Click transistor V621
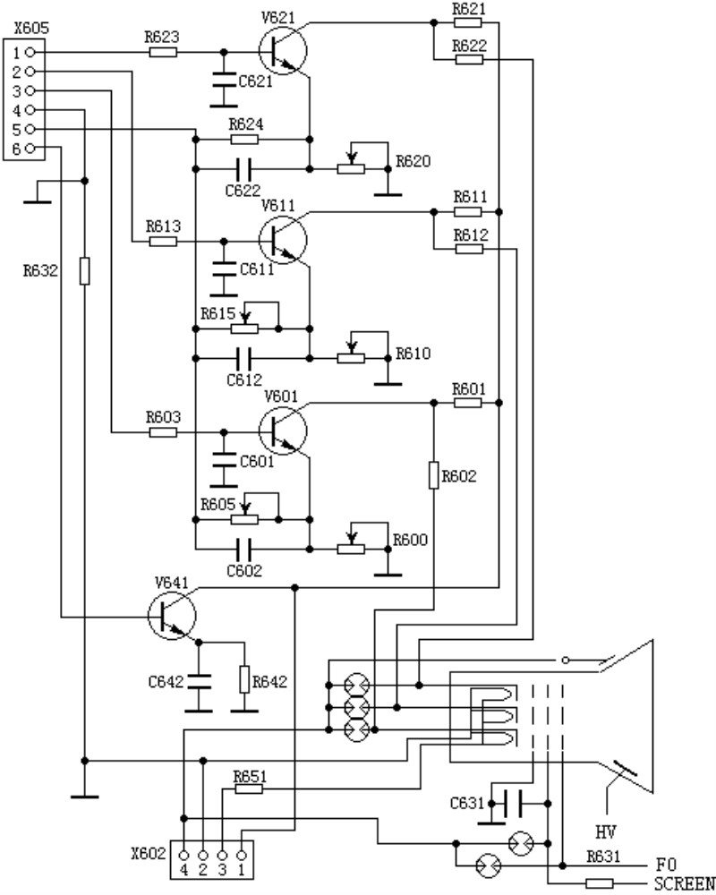[283, 51]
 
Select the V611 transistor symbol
[283, 240]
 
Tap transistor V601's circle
[283, 431]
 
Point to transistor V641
[172, 616]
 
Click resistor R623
[163, 53]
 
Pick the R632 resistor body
[84, 270]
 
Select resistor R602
[434, 475]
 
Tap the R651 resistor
[249, 788]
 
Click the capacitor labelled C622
[243, 169]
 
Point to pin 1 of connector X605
[30, 53]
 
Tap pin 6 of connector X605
[30, 149]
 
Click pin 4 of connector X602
[183, 856]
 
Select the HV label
[606, 832]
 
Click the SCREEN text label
[685, 884]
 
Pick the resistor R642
[244, 679]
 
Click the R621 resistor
[468, 23]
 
